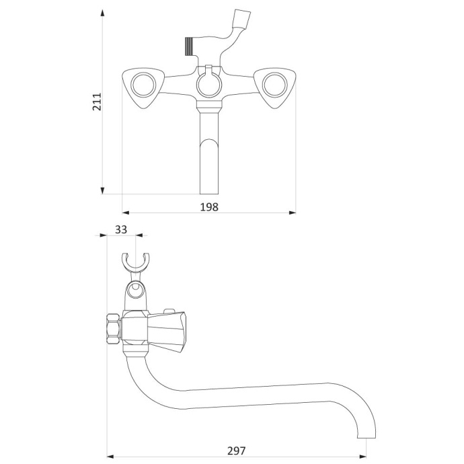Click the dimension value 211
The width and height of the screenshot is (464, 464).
pyautogui.click(x=97, y=102)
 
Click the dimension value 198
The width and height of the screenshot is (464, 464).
pyautogui.click(x=209, y=207)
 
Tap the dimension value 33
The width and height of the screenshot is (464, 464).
pyautogui.click(x=121, y=229)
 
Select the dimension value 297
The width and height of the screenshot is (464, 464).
pyautogui.click(x=237, y=451)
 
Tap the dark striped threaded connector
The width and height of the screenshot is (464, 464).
pyautogui.click(x=189, y=47)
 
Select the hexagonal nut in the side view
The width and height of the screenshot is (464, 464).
pyautogui.click(x=113, y=329)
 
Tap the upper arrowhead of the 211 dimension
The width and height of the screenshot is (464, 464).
pyautogui.click(x=102, y=13)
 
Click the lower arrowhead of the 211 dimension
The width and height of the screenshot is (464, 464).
pyautogui.click(x=102, y=190)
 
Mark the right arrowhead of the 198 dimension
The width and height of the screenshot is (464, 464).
pyautogui.click(x=293, y=212)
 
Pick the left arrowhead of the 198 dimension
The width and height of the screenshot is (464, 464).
pyautogui.click(x=126, y=212)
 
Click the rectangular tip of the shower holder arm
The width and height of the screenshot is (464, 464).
pyautogui.click(x=242, y=20)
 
